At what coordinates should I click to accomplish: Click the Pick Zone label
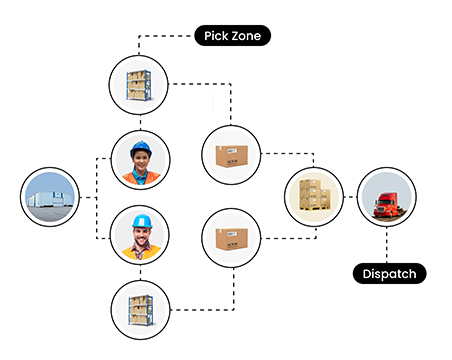coord(231,37)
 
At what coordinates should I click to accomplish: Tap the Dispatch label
coord(391,272)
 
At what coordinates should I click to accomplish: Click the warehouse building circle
coord(50,197)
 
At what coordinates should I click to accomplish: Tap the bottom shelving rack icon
coord(138,309)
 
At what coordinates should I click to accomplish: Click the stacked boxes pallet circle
coord(314,197)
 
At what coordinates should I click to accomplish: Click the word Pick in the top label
coord(214,37)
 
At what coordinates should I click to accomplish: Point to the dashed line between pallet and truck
coord(350,197)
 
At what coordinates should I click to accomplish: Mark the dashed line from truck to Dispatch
coord(387,245)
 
